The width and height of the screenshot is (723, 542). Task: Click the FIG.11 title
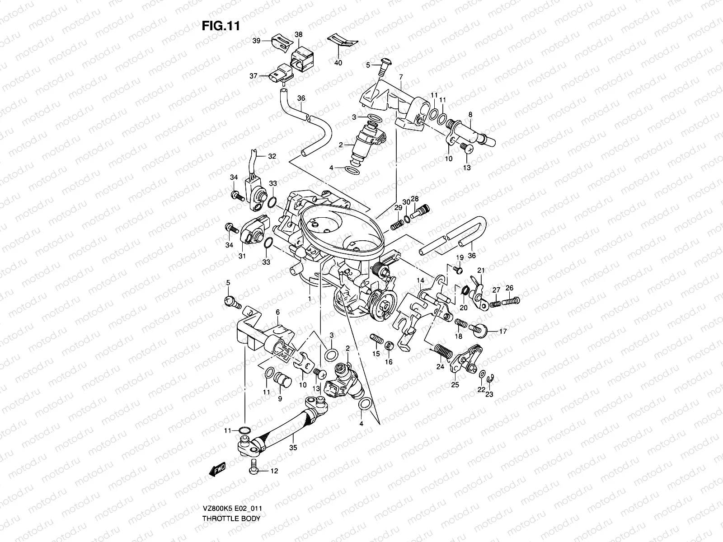220,26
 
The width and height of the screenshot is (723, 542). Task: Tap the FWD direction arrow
218,470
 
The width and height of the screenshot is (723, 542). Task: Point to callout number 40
338,63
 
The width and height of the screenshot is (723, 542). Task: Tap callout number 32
272,156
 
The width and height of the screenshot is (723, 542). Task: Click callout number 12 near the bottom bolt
274,471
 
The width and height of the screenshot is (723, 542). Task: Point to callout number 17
503,331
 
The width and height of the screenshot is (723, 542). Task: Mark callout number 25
455,385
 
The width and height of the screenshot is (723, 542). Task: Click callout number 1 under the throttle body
309,299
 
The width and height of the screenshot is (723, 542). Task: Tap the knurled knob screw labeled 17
480,330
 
